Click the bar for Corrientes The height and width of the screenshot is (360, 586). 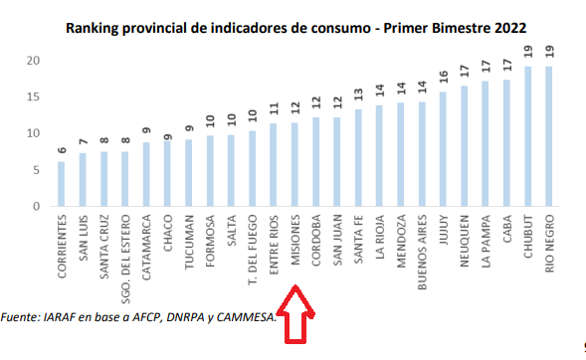[x=62, y=184]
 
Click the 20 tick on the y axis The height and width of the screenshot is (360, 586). [x=32, y=61]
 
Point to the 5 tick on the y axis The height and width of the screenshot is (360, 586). [x=35, y=170]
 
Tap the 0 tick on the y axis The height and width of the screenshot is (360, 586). [x=35, y=206]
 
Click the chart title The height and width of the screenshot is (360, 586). [x=295, y=27]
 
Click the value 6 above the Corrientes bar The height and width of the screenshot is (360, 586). [x=62, y=150]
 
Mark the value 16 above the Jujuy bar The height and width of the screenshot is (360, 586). [x=443, y=78]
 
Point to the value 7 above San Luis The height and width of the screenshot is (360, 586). [x=83, y=142]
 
